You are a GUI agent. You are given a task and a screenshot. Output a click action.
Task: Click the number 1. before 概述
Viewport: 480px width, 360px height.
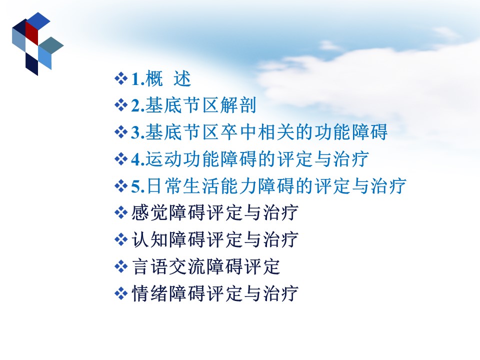[x=138, y=79]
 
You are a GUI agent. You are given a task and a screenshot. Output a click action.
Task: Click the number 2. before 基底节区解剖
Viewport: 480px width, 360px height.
[x=138, y=106]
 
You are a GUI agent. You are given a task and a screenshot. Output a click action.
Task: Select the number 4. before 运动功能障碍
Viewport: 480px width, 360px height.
[x=138, y=159]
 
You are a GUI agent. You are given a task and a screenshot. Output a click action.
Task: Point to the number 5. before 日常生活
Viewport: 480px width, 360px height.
[x=138, y=186]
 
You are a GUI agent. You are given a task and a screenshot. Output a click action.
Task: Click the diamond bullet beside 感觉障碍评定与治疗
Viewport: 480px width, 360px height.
[x=121, y=213]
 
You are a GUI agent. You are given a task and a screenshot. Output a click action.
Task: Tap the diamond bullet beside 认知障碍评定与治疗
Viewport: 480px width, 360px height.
[x=121, y=239]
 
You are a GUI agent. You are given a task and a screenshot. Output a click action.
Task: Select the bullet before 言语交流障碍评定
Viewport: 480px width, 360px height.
[x=121, y=266]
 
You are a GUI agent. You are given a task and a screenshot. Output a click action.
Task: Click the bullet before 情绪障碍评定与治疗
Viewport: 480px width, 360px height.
[x=121, y=293]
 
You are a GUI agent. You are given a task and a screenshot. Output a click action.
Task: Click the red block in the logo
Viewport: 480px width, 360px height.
[x=31, y=33]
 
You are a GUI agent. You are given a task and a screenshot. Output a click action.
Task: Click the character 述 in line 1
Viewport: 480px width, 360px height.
[x=182, y=78]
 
